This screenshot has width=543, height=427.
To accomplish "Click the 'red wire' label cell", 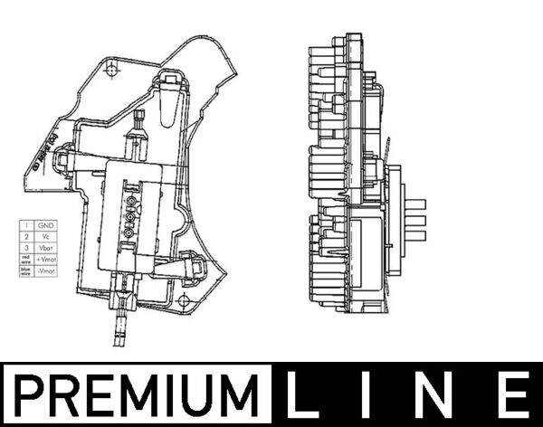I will [x=27, y=260].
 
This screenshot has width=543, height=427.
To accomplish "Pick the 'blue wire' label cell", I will [x=27, y=271].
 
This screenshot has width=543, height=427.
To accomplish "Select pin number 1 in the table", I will [x=27, y=224].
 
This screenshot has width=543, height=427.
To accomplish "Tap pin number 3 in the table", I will [x=27, y=248].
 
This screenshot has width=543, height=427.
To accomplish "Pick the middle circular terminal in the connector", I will [x=129, y=217].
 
